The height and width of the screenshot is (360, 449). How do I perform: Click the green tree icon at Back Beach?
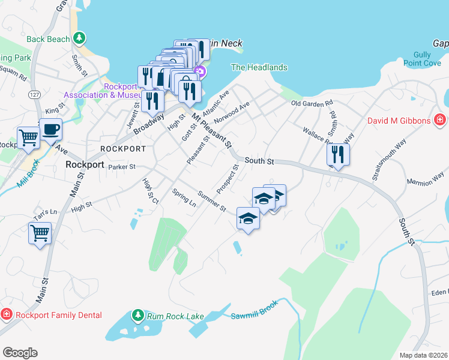coord(78,39)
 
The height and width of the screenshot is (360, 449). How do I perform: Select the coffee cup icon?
coord(51,129)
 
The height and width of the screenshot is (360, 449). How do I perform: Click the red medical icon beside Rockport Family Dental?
coord(6,314)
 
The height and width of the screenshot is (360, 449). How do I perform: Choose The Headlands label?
coord(259,68)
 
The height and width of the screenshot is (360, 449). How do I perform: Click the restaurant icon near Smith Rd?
coord(339,154)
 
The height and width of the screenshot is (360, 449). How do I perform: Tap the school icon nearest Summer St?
coord(248,218)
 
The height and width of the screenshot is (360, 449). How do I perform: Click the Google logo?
coord(20,353)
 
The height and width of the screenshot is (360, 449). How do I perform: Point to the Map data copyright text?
coord(423,355)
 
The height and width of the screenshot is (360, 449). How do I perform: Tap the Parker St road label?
coord(122,167)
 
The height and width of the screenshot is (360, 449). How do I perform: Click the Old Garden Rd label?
coord(312,104)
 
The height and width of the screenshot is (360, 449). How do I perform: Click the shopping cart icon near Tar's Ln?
coord(40,233)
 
